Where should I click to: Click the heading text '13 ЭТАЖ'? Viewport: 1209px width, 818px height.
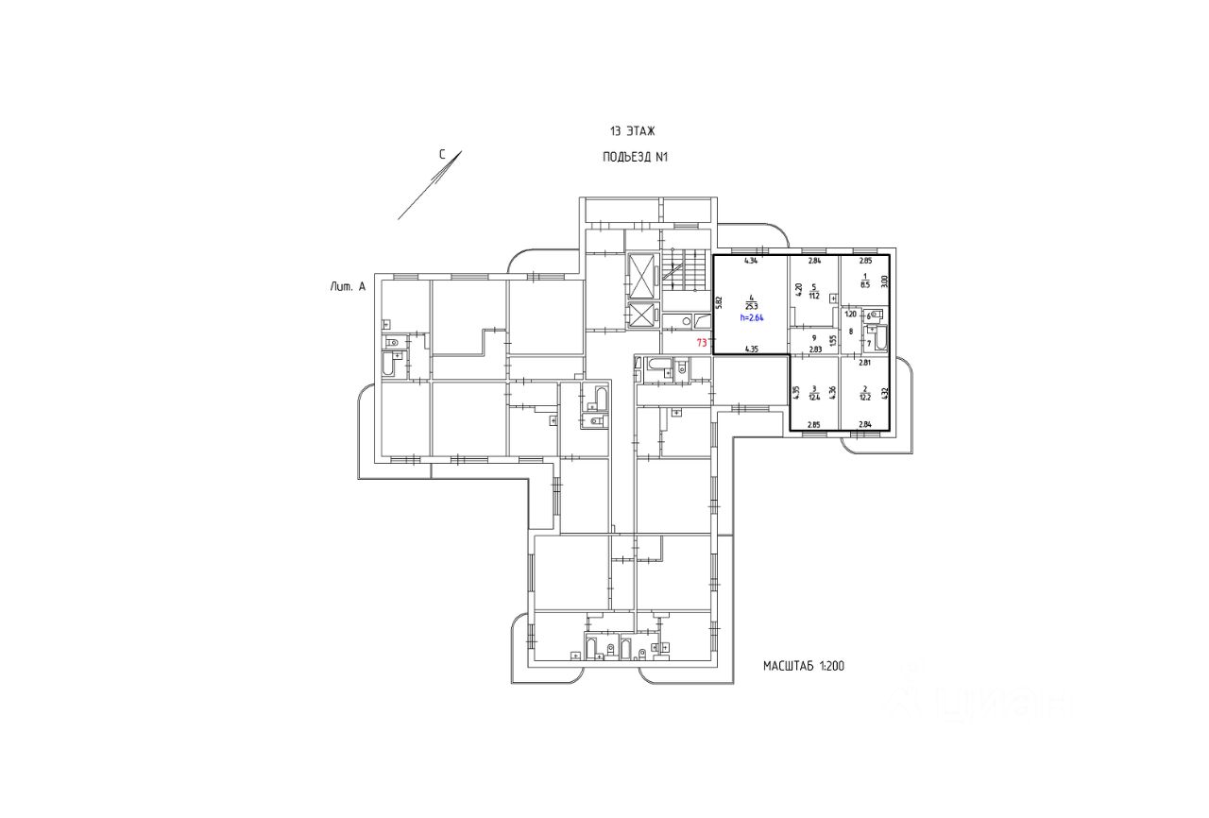(x=632, y=131)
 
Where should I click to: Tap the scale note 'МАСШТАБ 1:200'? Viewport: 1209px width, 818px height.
(x=803, y=666)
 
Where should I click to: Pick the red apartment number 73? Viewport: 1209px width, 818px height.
(x=701, y=343)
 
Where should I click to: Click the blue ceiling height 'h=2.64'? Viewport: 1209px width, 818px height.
(x=751, y=318)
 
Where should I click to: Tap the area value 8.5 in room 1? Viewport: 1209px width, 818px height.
(x=865, y=281)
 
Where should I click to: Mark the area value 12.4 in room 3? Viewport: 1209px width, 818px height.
(x=813, y=397)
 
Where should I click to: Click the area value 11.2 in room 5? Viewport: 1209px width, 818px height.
(x=813, y=294)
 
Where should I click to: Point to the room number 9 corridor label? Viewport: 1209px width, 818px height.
(x=813, y=337)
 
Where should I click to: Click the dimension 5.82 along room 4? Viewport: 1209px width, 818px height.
(x=719, y=302)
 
